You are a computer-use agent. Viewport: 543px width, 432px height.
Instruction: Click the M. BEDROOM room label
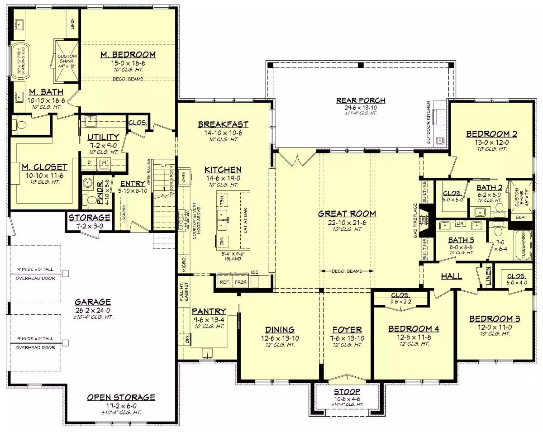128,55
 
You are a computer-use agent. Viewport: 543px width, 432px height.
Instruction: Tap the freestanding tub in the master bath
20,62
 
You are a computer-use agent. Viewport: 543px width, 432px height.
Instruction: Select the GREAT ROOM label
347,214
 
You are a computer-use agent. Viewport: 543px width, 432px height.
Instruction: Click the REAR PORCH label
361,100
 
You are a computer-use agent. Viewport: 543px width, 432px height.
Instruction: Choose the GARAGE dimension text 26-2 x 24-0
93,310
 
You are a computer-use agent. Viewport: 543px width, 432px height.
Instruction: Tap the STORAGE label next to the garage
90,218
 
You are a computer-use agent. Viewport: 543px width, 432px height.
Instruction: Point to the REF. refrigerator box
224,282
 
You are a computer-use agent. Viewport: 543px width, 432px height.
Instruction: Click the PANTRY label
209,311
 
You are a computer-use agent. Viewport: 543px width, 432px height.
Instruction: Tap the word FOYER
347,330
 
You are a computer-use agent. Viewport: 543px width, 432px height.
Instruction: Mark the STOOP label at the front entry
347,391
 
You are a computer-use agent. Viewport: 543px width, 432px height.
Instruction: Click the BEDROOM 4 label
414,329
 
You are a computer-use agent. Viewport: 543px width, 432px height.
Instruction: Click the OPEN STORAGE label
121,398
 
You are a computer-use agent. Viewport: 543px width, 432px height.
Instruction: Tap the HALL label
451,276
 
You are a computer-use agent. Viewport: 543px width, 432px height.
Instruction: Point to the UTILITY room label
103,137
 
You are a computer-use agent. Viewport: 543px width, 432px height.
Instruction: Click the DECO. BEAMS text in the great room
347,271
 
